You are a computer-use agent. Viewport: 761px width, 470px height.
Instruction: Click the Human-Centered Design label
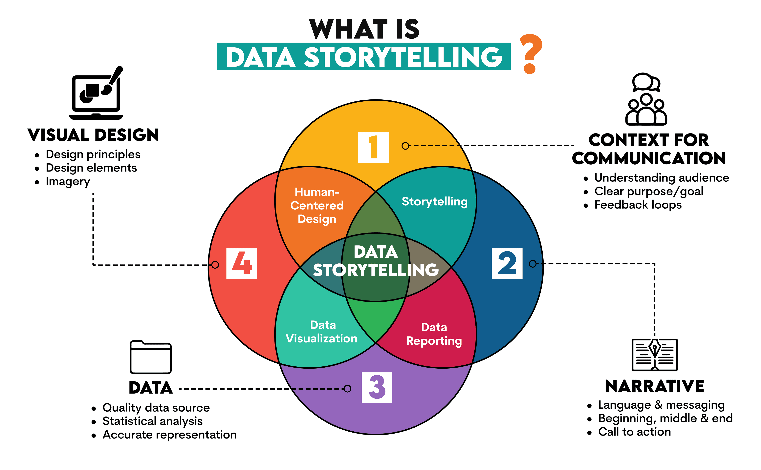click(317, 205)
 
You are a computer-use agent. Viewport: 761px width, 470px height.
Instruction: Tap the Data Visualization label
click(322, 332)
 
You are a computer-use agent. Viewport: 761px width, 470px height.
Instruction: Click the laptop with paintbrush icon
click(96, 93)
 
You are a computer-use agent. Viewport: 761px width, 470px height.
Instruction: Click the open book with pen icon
click(654, 354)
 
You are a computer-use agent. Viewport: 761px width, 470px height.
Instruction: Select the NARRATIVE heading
click(654, 386)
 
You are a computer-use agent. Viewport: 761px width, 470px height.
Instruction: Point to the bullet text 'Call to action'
click(634, 432)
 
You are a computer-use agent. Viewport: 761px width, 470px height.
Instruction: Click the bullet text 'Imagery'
click(68, 182)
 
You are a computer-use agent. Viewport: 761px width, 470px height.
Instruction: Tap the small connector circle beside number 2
click(533, 264)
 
